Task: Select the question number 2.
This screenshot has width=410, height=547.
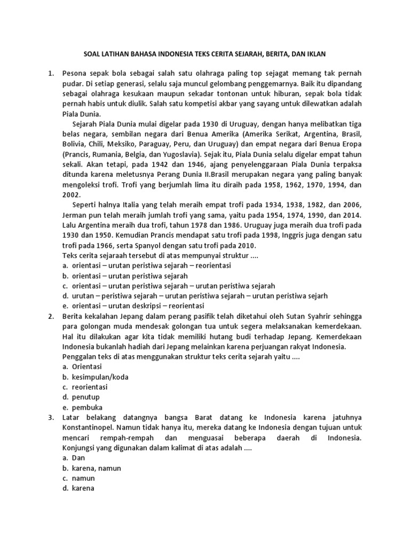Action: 50,316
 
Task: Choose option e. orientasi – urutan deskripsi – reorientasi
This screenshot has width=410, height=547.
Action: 132,306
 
